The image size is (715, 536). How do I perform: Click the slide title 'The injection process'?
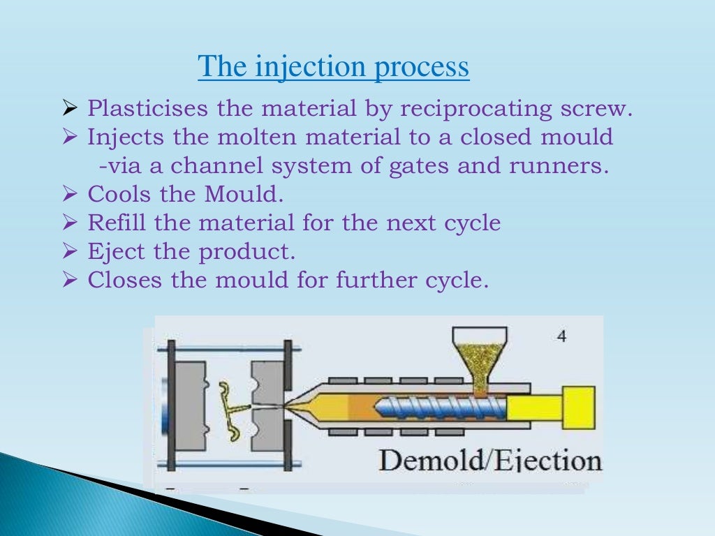point(334,68)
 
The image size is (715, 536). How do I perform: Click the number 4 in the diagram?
point(562,337)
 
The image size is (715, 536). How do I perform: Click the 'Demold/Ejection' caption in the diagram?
point(489,461)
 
